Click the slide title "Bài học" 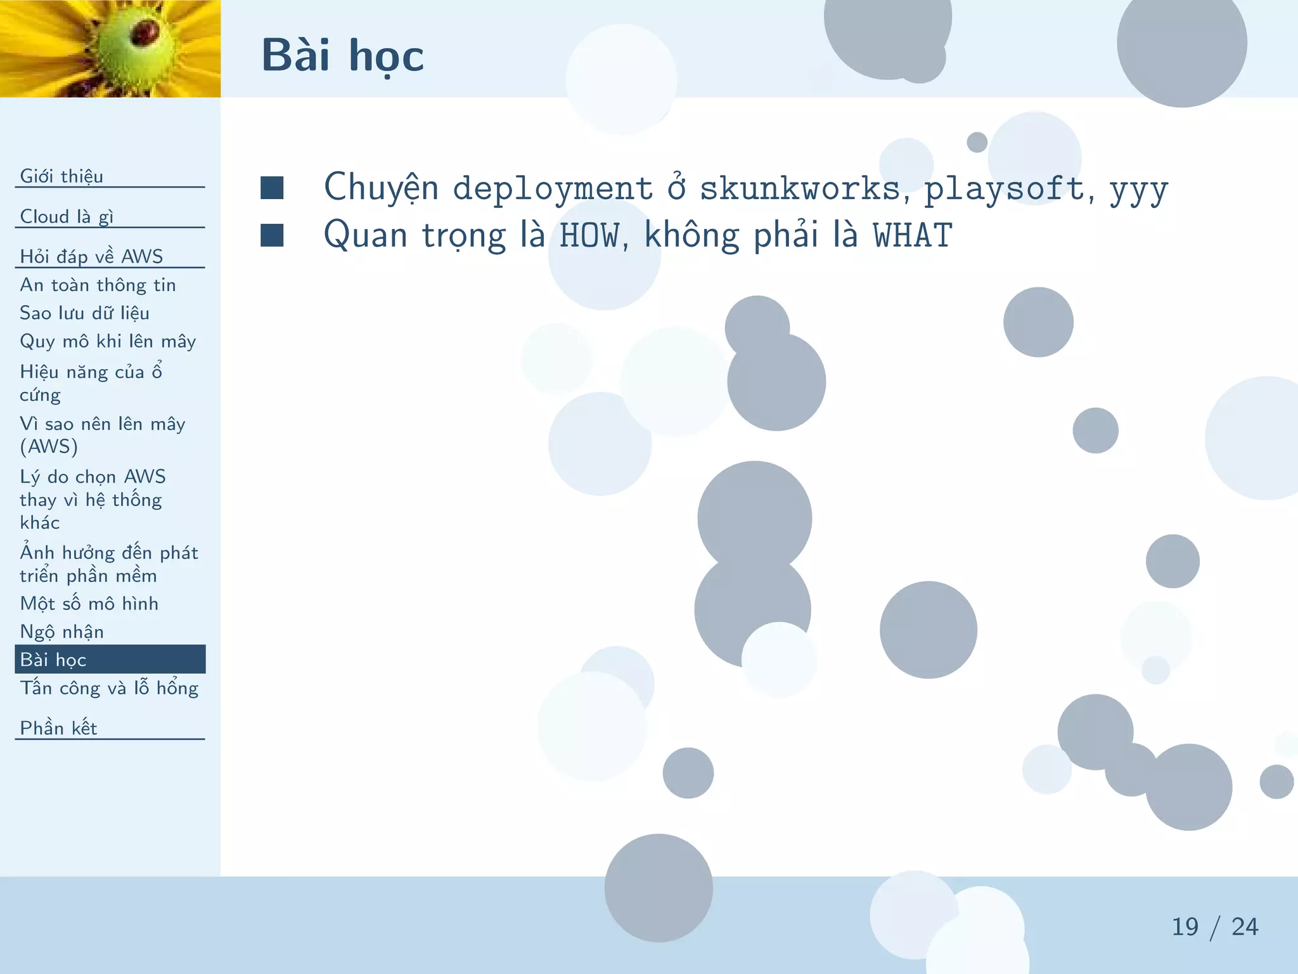[x=342, y=56]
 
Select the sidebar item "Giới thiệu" [x=61, y=176]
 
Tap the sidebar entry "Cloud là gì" [x=67, y=216]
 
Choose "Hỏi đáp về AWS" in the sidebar [x=91, y=256]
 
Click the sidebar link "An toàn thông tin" [x=98, y=285]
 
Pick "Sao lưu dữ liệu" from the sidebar [x=84, y=313]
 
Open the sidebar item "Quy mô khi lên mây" [x=108, y=341]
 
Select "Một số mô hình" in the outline [x=89, y=603]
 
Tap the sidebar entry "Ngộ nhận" [x=61, y=632]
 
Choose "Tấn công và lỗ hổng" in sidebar [x=109, y=688]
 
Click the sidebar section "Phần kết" [x=58, y=728]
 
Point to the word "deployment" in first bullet [x=553, y=188]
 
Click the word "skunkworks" [x=800, y=188]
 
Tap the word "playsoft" [x=1005, y=188]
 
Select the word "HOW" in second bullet [x=589, y=236]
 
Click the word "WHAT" [x=913, y=236]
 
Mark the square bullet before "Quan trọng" [x=272, y=235]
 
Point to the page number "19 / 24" [x=1214, y=927]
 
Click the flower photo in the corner [x=110, y=48]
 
